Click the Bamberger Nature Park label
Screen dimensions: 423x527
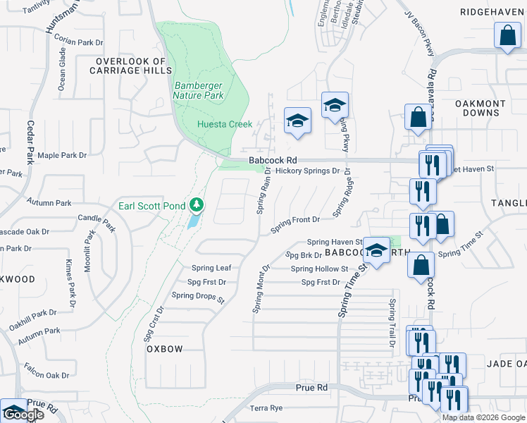[199, 90]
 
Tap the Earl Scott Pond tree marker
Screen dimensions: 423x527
[197, 205]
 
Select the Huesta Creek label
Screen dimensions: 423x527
[224, 124]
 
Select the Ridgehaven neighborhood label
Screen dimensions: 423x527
[492, 12]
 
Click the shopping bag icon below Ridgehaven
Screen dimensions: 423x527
[507, 35]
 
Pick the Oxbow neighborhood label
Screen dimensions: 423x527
[165, 349]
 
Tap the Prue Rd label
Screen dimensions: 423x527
[311, 388]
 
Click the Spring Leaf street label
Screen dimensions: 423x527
[211, 268]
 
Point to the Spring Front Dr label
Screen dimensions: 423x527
[296, 220]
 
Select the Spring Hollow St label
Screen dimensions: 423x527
[319, 269]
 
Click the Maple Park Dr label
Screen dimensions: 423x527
[62, 155]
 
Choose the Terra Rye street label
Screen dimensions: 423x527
[266, 408]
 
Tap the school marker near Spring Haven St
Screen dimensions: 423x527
[377, 251]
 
